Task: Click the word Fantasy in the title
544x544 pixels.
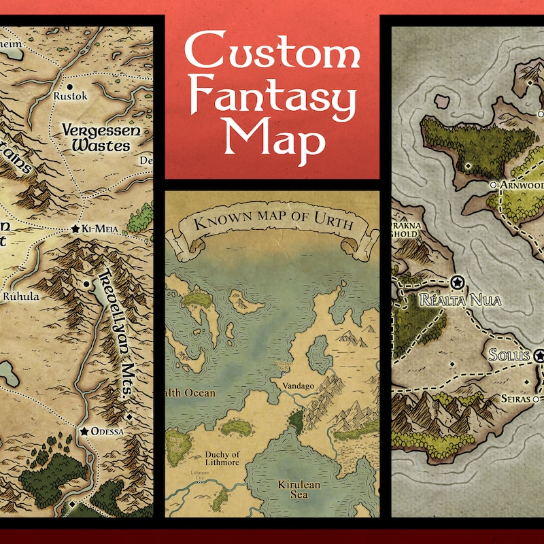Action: [272, 101]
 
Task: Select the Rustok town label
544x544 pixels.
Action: [70, 97]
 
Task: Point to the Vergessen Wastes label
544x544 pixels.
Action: [97, 137]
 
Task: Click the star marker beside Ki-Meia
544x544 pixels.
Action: [75, 230]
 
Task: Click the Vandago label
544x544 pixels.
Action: [296, 386]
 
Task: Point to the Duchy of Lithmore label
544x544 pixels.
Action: [222, 460]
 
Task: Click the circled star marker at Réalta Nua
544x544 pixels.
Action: [457, 282]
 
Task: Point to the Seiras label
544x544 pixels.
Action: [514, 399]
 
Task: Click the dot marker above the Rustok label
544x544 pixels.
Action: [70, 86]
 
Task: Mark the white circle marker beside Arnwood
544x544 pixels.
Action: [493, 184]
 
